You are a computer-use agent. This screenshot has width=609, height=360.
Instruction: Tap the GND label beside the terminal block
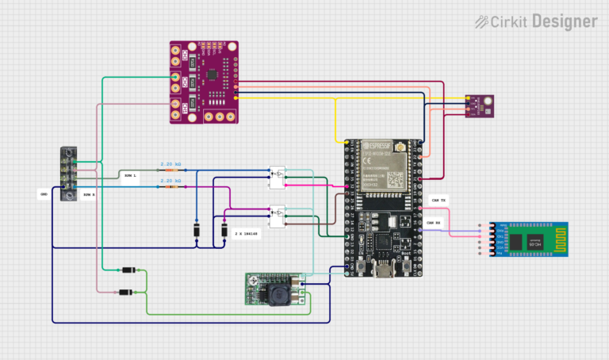coord(44,193)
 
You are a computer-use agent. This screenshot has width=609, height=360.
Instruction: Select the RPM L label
coord(129,174)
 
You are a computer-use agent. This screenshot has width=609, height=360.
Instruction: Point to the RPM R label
coord(88,193)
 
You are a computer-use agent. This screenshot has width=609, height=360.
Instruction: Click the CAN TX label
coord(436,200)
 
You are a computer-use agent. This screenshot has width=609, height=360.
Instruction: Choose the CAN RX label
coord(435,224)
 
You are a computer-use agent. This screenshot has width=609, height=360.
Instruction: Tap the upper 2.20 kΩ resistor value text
coord(170,163)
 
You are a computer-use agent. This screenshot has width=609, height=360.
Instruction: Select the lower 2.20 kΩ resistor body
coord(170,188)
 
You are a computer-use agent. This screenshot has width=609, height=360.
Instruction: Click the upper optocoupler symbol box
coord(277,178)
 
